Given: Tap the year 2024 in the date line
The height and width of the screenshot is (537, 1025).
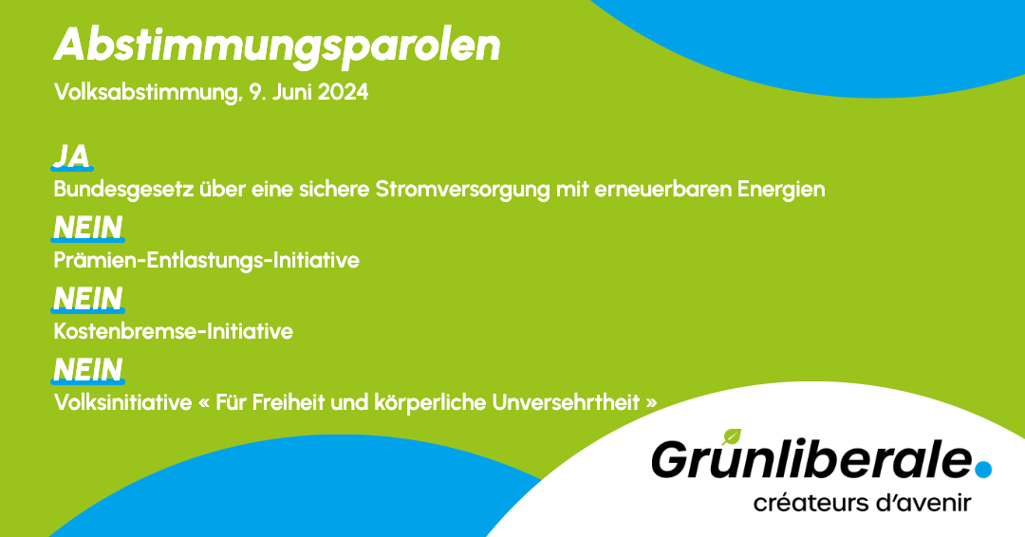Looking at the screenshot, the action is [344, 92].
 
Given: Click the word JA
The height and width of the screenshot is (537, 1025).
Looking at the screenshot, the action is [71, 157].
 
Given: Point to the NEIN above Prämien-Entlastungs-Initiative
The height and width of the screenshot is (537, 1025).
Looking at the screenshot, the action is [87, 228].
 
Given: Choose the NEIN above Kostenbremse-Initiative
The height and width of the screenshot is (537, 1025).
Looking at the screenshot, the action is [87, 299].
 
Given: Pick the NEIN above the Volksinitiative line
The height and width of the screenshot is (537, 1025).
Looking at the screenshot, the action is [87, 370].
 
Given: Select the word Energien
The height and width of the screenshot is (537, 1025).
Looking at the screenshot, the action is [781, 190].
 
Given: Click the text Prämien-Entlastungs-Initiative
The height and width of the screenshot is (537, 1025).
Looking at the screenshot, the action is [207, 260].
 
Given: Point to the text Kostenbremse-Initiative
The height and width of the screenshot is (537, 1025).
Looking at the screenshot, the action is [174, 331].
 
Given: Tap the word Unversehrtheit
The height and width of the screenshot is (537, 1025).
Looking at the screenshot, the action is [566, 402].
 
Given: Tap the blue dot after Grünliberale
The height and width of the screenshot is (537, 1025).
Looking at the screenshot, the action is [983, 469].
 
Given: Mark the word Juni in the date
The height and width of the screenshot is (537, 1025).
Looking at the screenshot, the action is [292, 92].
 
